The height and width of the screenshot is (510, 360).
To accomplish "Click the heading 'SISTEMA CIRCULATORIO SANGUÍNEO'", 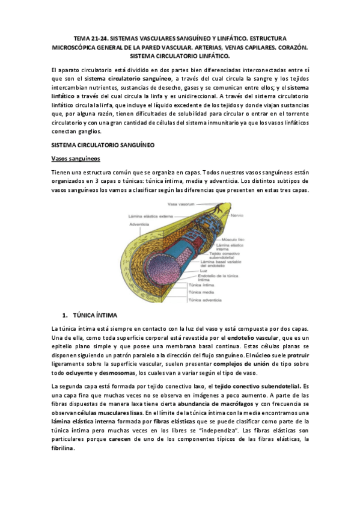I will [x=103, y=145].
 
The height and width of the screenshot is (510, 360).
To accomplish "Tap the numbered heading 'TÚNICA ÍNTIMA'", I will [x=95, y=315].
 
